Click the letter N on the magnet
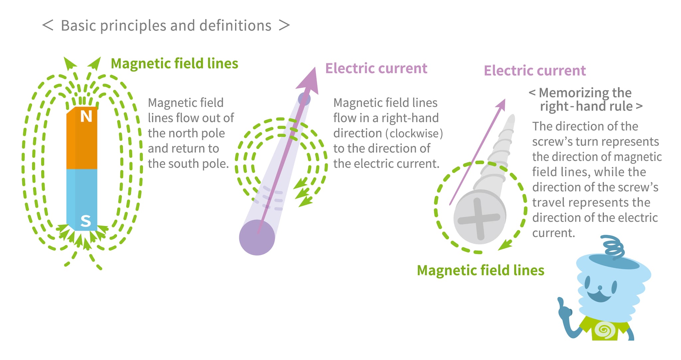(x=86, y=116)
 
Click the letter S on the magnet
(x=86, y=221)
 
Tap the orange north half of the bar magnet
(x=82, y=143)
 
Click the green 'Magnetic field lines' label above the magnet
(x=174, y=63)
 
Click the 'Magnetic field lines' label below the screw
(x=480, y=270)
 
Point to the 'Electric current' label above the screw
(x=535, y=70)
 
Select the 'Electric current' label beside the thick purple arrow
(x=376, y=68)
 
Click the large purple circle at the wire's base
(x=257, y=237)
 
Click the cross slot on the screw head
(x=479, y=219)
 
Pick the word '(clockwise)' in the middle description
(x=414, y=133)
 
